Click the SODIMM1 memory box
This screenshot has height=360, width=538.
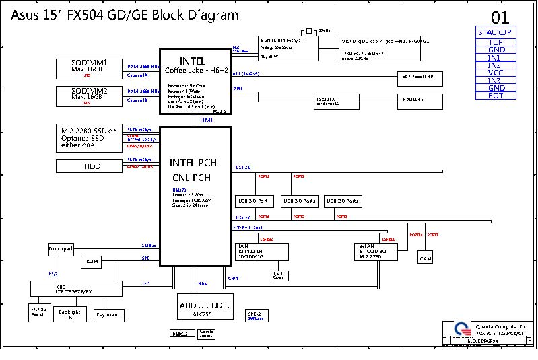pyautogui.click(x=87, y=69)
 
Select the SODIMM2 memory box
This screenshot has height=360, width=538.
pyautogui.click(x=87, y=96)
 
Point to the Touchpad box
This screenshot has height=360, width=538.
pyautogui.click(x=60, y=249)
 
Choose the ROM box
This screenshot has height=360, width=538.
pyautogui.click(x=91, y=261)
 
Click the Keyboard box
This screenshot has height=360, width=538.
pyautogui.click(x=108, y=314)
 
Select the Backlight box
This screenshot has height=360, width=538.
pyautogui.click(x=70, y=314)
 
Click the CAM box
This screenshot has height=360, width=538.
pyautogui.click(x=426, y=258)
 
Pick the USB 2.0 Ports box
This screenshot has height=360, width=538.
pyautogui.click(x=343, y=201)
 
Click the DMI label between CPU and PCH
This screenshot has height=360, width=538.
pyautogui.click(x=207, y=120)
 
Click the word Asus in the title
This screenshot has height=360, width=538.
pyautogui.click(x=25, y=15)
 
